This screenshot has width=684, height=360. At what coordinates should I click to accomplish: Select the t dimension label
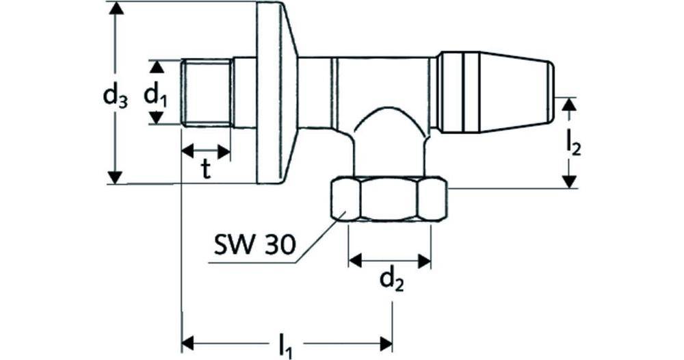tap(205, 170)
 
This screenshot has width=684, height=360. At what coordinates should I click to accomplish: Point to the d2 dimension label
tap(391, 280)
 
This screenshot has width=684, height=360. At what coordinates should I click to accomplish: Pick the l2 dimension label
tap(573, 142)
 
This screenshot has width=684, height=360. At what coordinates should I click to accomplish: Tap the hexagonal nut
tap(388, 199)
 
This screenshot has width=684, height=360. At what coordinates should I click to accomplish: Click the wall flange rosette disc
tap(274, 92)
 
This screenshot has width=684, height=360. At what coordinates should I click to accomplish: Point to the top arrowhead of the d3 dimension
tap(116, 9)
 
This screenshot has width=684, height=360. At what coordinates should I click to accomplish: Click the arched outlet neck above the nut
tap(388, 140)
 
